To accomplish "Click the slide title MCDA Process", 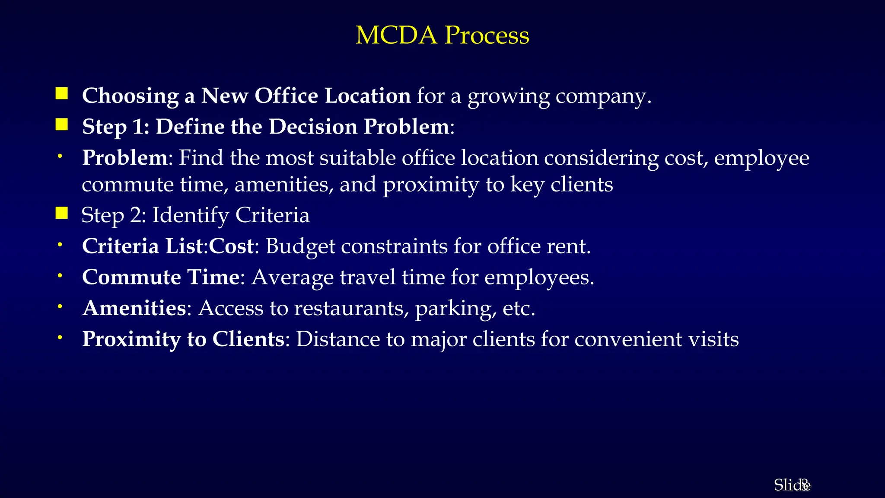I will (x=442, y=35).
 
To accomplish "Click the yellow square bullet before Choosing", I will (x=62, y=94).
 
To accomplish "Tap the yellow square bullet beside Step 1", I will (x=62, y=125).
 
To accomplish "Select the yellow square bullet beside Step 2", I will (x=62, y=213).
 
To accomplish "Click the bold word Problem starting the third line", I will (x=124, y=157).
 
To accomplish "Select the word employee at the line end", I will (x=761, y=158).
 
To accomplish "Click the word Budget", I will (x=300, y=246).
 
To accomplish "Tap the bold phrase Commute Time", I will (x=161, y=277).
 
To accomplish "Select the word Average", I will (x=293, y=278).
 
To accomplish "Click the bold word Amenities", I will (x=134, y=308).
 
